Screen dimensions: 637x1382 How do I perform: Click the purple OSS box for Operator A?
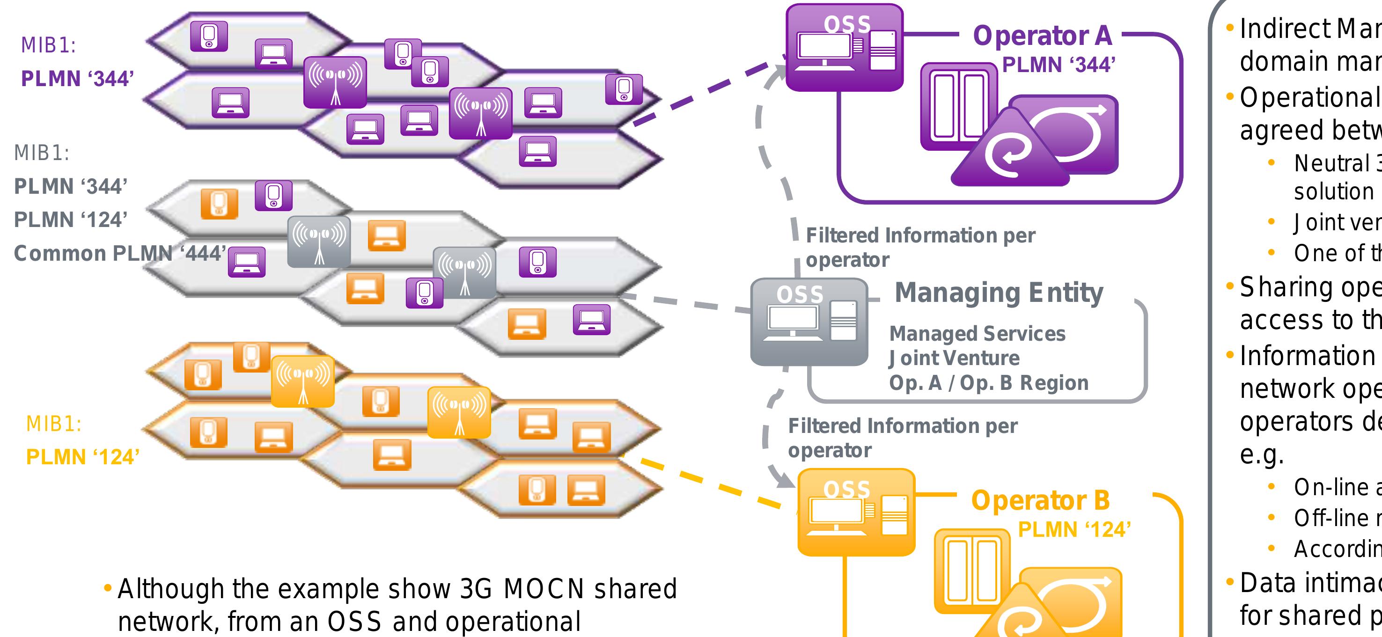point(844,48)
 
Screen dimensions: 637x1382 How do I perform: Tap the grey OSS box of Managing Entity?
point(809,322)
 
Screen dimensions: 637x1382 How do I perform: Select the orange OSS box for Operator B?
point(856,512)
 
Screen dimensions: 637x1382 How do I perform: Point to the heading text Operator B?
point(1040,500)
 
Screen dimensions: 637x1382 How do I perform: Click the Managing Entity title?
point(999,293)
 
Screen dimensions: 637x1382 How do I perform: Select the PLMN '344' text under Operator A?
point(1059,66)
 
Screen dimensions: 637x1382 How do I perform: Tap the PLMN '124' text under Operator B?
point(1074,530)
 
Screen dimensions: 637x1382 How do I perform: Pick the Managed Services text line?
point(977,334)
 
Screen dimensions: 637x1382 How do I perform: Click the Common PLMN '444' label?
point(119,253)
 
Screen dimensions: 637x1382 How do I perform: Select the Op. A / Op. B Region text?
point(988,383)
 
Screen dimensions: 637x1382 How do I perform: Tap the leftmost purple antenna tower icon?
point(335,82)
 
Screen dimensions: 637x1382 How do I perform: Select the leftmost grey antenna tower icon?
point(319,242)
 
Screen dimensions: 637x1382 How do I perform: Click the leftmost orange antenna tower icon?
point(302,381)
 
